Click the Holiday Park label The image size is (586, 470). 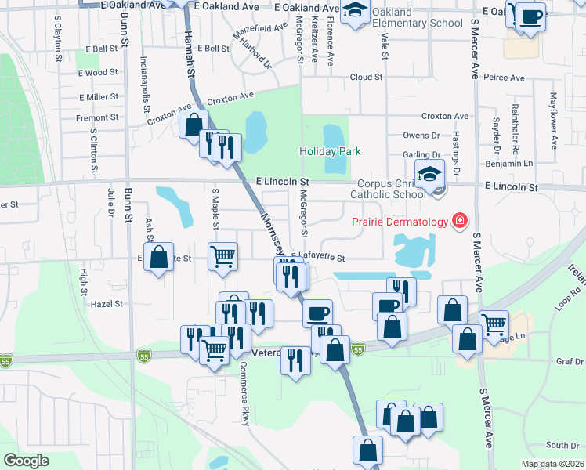tap(330, 150)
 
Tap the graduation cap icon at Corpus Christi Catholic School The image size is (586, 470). tap(429, 175)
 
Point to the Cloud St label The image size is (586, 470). tap(366, 78)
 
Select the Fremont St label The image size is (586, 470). tap(98, 117)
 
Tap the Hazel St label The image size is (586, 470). tap(107, 303)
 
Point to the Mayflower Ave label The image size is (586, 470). tap(553, 121)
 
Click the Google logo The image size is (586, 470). tap(26, 461)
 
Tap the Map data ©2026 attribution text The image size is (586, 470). tap(552, 464)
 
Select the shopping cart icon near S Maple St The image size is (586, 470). tap(223, 255)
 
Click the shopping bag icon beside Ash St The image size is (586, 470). tap(159, 257)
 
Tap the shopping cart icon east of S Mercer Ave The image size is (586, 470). tap(494, 323)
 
